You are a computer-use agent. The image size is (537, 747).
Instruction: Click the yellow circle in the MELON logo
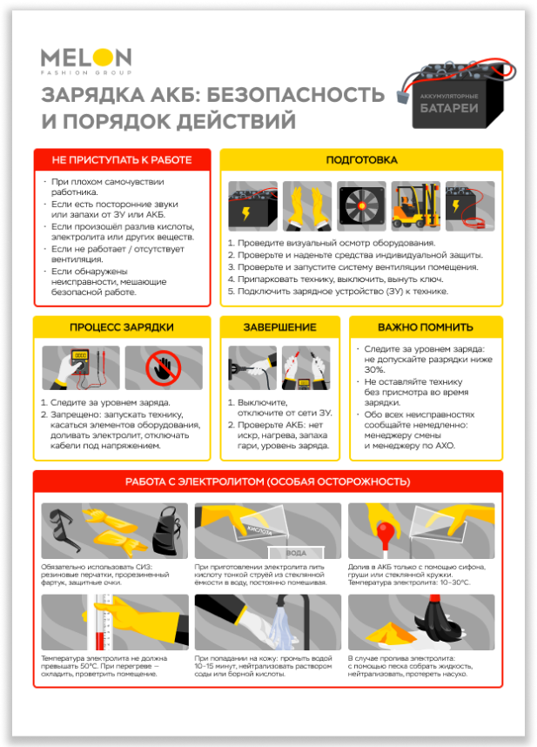tap(103, 57)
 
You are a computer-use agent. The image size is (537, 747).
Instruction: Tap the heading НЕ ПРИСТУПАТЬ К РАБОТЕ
tap(122, 160)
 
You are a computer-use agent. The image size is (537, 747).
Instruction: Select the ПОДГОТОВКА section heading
tap(361, 160)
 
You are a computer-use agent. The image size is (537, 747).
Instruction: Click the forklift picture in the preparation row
tap(416, 205)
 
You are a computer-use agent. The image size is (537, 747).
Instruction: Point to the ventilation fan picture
tap(361, 205)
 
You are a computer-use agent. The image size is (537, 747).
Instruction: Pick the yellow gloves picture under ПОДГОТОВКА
tap(307, 205)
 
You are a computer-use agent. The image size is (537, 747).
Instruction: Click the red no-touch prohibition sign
tap(164, 368)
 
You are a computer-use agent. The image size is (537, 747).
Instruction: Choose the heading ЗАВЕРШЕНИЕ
tap(280, 327)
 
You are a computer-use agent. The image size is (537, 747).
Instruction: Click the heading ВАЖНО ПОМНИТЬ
tap(426, 327)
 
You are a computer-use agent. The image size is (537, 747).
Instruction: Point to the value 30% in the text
tap(374, 370)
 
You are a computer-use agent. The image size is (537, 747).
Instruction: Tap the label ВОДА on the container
tap(296, 553)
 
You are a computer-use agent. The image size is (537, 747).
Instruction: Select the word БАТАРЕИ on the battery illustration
tap(449, 109)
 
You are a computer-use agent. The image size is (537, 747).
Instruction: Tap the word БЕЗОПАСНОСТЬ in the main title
tap(296, 94)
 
